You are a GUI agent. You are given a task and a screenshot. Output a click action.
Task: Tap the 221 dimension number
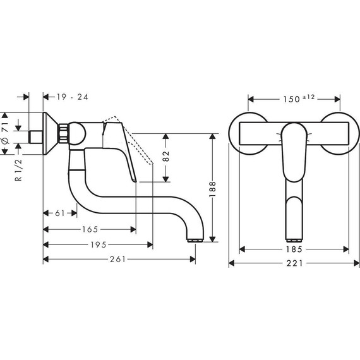pos(294,263)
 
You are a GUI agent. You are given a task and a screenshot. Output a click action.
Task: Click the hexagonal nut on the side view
pos(64,134)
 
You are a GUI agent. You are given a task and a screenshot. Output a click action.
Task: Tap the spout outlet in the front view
pos(294,241)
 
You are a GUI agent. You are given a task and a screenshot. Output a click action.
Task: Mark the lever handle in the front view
pos(294,152)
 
